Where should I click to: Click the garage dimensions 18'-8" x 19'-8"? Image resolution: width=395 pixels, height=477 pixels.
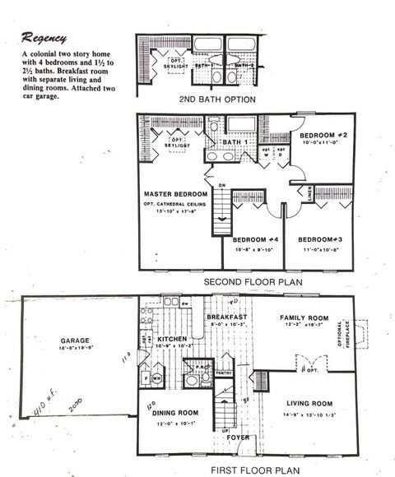click(74, 348)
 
